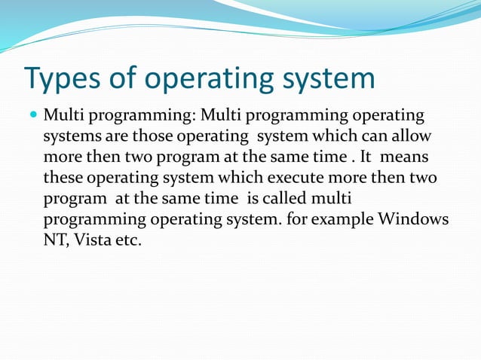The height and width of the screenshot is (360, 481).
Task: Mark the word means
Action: (406, 158)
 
